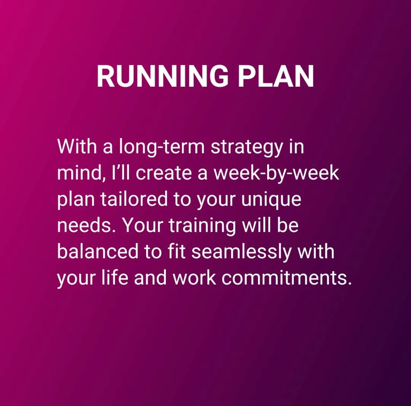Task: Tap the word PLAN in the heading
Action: (x=276, y=76)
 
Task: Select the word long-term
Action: (x=162, y=147)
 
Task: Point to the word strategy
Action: (x=247, y=147)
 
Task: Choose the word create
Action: (x=164, y=173)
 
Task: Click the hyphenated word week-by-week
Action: (x=277, y=173)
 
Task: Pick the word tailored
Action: (x=134, y=198)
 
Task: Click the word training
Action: (x=202, y=226)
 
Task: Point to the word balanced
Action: (x=97, y=251)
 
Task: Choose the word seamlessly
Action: (x=241, y=252)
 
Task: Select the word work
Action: (x=194, y=277)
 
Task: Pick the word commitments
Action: (x=284, y=278)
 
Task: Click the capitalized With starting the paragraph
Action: (x=77, y=146)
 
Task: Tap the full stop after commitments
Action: (x=349, y=283)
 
